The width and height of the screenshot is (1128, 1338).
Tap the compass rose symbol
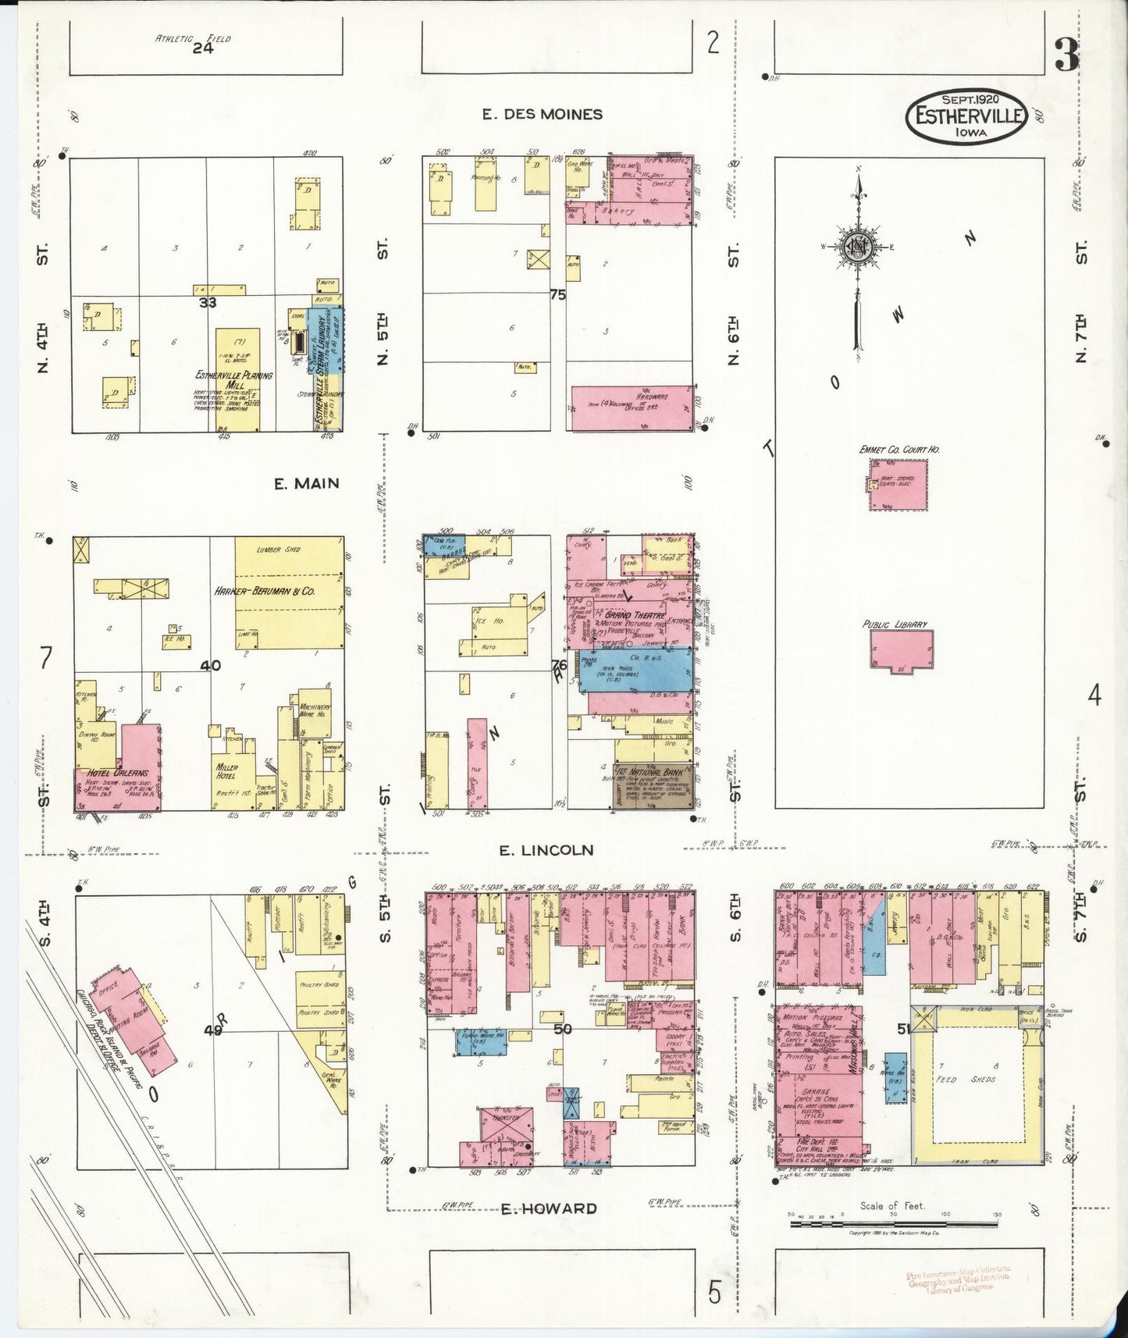click(858, 248)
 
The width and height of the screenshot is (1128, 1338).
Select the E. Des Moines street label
click(542, 115)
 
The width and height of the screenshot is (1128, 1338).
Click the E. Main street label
click(306, 484)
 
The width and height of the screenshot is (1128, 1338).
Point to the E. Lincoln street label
click(546, 850)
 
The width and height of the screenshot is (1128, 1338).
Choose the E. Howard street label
click(549, 1209)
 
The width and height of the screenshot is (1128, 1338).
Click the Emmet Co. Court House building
click(898, 485)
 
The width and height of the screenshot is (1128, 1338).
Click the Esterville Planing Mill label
click(234, 380)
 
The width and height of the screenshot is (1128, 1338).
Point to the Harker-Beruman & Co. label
click(265, 591)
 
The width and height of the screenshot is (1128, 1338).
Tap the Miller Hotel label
click(226, 772)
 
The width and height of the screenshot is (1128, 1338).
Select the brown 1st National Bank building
click(652, 783)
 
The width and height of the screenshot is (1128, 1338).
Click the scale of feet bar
click(894, 1223)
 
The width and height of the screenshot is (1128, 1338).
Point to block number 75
click(557, 295)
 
